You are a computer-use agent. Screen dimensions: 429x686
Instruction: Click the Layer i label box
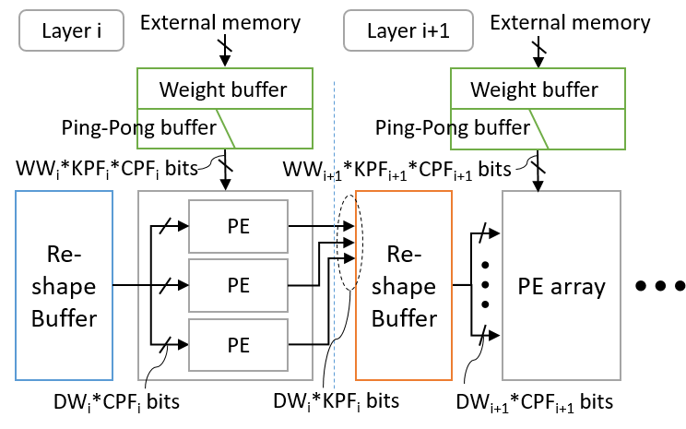(71, 30)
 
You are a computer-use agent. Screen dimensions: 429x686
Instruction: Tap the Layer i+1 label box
(408, 30)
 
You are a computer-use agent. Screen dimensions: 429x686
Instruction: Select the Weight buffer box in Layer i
(224, 89)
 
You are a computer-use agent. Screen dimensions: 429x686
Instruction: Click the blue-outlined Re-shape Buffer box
(65, 285)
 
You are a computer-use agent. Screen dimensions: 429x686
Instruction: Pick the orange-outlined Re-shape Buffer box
(404, 285)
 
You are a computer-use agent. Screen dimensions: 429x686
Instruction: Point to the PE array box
(562, 285)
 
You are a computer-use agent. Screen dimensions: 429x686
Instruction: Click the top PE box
(238, 225)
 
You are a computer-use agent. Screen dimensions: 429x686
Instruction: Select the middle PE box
(238, 284)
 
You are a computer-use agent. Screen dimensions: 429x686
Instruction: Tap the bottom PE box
(238, 344)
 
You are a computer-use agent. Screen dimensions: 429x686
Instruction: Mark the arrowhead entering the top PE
(183, 225)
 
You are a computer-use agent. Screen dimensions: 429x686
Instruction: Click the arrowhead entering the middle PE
(183, 285)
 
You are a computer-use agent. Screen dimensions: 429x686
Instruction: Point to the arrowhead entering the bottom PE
(183, 344)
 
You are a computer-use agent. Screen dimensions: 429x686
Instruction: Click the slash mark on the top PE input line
(165, 225)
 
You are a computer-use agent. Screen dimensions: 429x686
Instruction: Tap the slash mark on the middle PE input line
(165, 285)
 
